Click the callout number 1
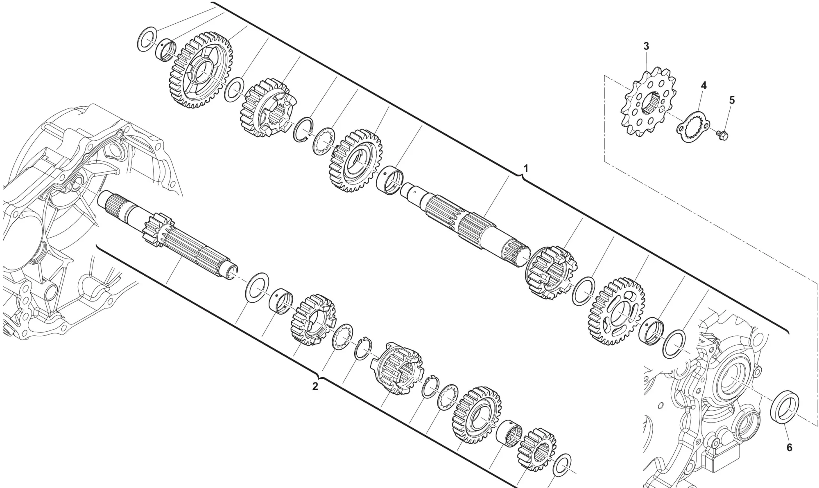point(526,169)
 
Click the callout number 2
point(315,386)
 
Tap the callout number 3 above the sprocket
point(646,46)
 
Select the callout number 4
point(704,85)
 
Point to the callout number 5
point(732,100)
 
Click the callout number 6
point(789,448)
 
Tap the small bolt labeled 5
point(723,135)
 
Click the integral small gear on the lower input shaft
point(158,232)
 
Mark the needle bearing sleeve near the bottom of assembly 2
point(509,434)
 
